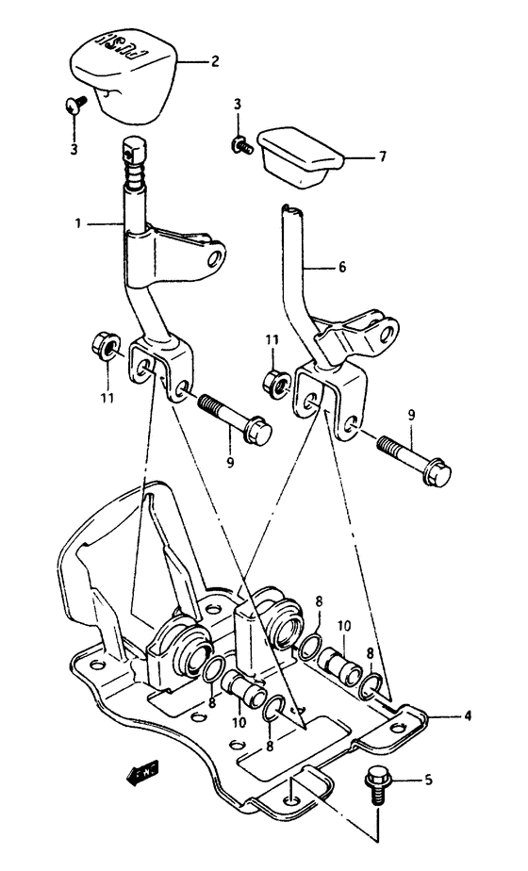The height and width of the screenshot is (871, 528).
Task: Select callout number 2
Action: pos(214,61)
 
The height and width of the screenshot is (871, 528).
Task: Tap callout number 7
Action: pos(382,157)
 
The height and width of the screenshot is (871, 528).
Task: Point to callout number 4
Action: pos(467,715)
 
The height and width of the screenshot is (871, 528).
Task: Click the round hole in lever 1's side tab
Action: pos(216,255)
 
